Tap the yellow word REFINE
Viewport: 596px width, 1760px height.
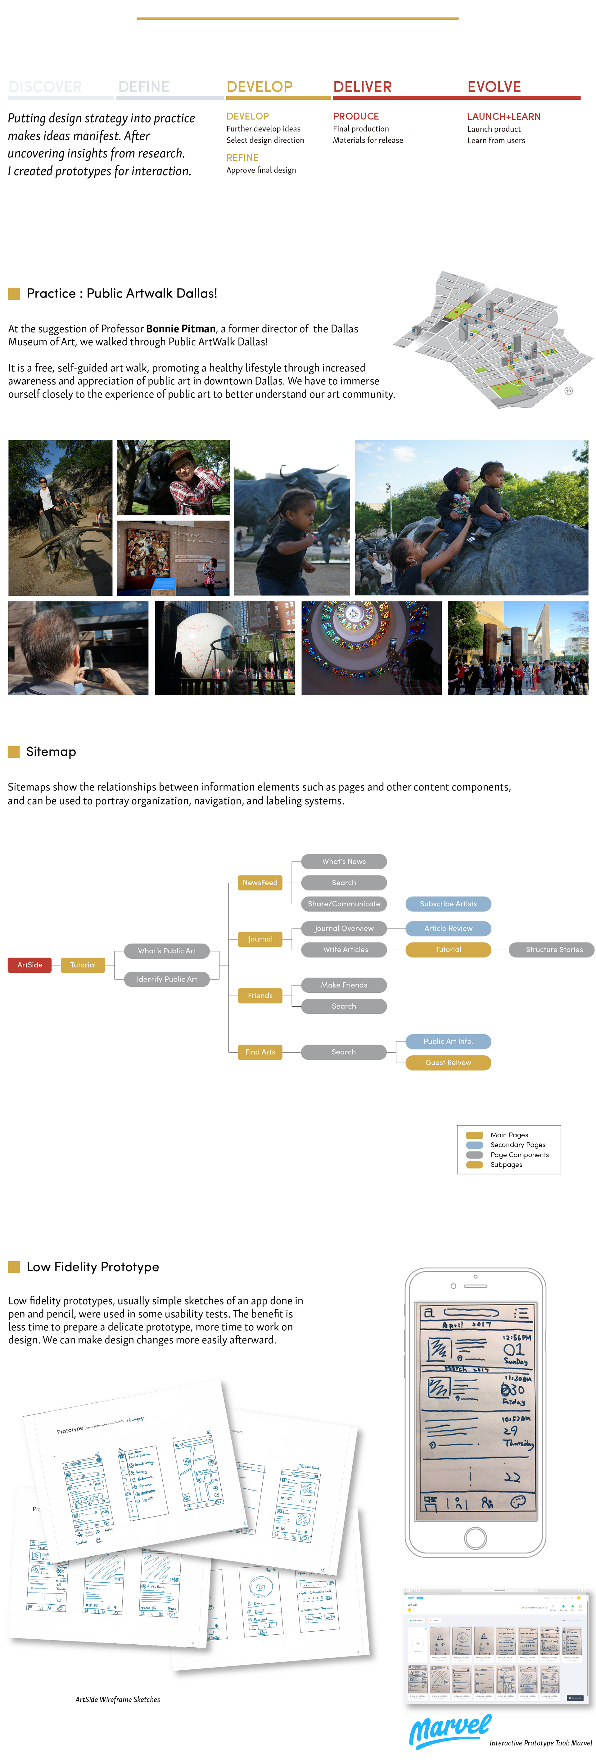(243, 157)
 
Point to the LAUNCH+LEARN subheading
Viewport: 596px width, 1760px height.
(504, 117)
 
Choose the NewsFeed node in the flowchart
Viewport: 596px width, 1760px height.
(260, 883)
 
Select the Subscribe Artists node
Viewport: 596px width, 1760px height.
(448, 904)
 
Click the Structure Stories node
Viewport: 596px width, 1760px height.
(553, 950)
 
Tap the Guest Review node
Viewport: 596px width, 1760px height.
(448, 1063)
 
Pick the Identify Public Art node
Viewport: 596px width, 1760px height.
(167, 979)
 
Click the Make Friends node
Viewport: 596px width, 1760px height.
(344, 985)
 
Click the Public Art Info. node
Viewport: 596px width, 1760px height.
(448, 1041)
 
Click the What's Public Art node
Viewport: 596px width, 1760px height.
(167, 951)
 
